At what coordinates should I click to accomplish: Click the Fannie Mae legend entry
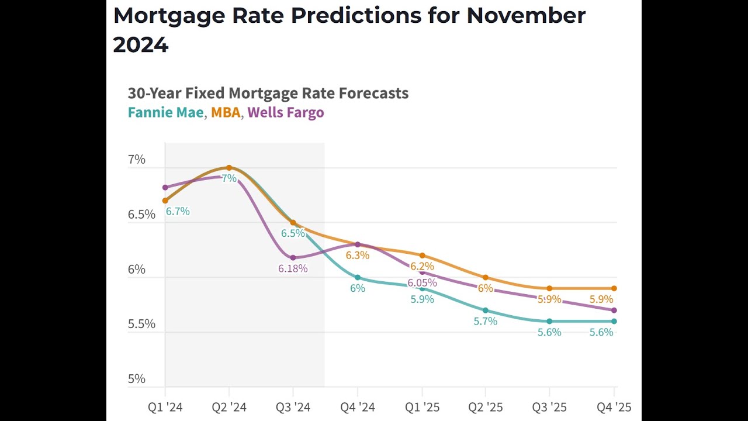[x=165, y=112]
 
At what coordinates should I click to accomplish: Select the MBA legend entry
[x=226, y=112]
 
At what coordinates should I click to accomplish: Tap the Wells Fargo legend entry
[x=285, y=112]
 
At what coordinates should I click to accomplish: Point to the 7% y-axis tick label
[x=137, y=160]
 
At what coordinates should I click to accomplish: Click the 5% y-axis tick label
[x=137, y=378]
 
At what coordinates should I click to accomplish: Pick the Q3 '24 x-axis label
[x=293, y=407]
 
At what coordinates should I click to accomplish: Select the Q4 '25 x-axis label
[x=613, y=407]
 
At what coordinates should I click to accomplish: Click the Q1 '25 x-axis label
[x=422, y=407]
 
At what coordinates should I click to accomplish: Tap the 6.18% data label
[x=293, y=269]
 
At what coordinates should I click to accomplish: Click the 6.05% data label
[x=422, y=283]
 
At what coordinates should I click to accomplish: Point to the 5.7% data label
[x=486, y=321]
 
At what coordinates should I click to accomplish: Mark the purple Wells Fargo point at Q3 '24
[x=293, y=258]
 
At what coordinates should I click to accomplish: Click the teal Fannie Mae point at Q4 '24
[x=358, y=278]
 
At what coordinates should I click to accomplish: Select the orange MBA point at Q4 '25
[x=614, y=288]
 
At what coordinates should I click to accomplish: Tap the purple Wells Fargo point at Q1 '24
[x=165, y=188]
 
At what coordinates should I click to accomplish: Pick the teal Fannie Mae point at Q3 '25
[x=549, y=321]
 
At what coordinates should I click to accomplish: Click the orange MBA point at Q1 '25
[x=422, y=256]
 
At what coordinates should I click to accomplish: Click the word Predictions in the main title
[x=356, y=16]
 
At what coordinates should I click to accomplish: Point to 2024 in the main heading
[x=141, y=44]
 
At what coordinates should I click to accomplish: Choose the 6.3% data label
[x=357, y=256]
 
